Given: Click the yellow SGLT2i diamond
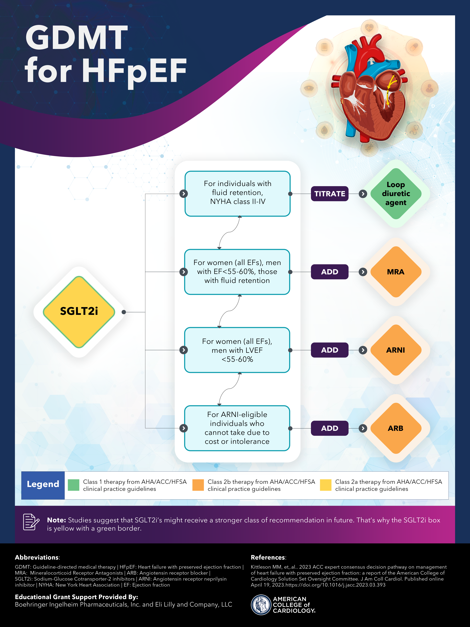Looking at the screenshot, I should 79,312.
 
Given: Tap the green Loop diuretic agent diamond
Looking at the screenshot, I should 396,194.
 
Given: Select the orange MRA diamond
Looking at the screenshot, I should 396,272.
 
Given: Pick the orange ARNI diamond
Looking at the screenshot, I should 396,350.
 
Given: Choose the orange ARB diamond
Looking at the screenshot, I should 396,428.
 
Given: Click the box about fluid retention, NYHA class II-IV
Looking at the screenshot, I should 237,194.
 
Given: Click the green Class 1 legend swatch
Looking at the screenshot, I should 74,485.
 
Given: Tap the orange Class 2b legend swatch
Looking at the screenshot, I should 198,485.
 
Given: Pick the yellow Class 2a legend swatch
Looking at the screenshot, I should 326,485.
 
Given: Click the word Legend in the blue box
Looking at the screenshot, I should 43,484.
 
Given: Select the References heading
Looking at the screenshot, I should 268,557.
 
